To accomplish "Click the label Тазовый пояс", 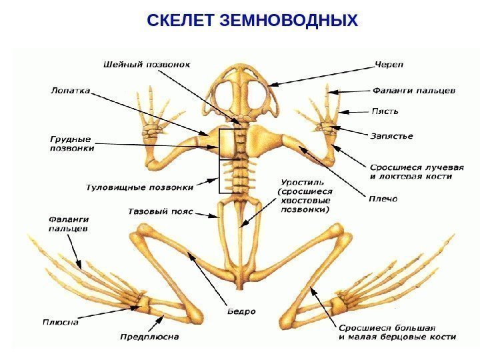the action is (x=160, y=211).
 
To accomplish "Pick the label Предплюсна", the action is (x=149, y=337).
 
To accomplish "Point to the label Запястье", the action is (x=391, y=136).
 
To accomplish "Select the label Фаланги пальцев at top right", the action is (x=413, y=88).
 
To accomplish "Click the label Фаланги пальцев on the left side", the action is (x=69, y=223).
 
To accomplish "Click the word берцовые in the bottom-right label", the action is (x=417, y=337).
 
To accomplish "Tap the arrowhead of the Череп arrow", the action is (x=271, y=85).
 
